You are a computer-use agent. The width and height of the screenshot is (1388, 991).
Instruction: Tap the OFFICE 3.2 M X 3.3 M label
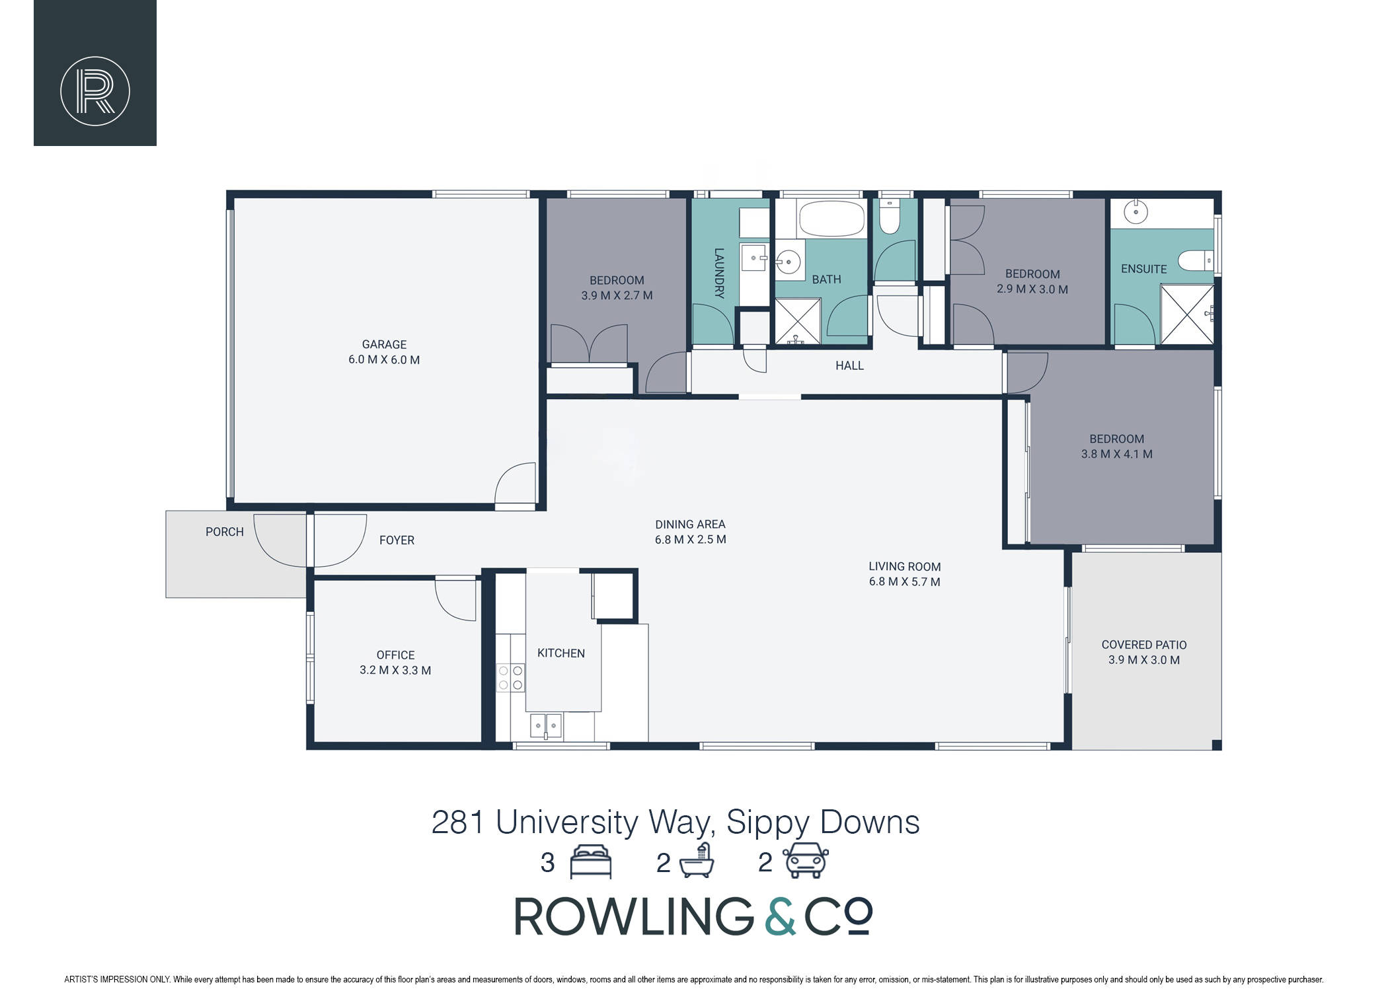click(395, 663)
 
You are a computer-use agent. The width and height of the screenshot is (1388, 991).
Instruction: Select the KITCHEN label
click(561, 653)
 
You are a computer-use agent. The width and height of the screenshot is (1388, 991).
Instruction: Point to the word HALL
click(849, 365)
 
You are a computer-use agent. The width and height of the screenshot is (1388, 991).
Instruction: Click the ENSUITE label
click(1143, 269)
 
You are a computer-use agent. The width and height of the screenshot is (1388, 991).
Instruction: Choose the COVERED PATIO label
click(1144, 652)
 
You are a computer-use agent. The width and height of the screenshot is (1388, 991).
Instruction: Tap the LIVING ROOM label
click(905, 574)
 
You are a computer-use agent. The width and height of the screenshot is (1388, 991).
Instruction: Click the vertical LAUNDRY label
click(719, 273)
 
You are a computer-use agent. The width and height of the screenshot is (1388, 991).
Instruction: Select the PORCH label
click(225, 532)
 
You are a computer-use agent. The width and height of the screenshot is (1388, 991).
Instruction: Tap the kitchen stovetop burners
click(510, 678)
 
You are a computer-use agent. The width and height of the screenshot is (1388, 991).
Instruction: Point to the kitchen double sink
click(546, 725)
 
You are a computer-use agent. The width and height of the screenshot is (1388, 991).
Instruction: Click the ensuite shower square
click(1187, 314)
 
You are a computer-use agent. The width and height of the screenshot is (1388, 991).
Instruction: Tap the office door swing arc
click(455, 600)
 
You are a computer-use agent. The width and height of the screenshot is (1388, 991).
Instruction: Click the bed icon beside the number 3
click(591, 862)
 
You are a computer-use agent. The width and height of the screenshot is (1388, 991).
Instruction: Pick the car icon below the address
click(806, 860)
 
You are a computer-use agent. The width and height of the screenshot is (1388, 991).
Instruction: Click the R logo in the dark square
click(95, 91)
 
